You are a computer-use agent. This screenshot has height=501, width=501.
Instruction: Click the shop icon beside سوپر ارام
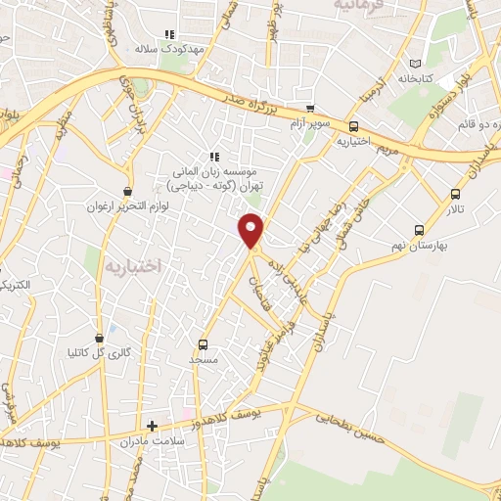click(310, 109)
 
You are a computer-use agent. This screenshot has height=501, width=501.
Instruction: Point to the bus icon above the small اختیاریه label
click(353, 126)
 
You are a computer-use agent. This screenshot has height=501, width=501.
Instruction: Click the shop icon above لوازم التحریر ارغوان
click(126, 192)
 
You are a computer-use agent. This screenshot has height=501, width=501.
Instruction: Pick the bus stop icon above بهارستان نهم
click(419, 230)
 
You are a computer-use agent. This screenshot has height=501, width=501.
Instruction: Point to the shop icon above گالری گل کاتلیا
click(98, 338)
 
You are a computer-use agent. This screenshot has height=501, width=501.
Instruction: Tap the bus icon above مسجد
click(203, 344)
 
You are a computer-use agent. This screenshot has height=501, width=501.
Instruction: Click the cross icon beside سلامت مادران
click(152, 426)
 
